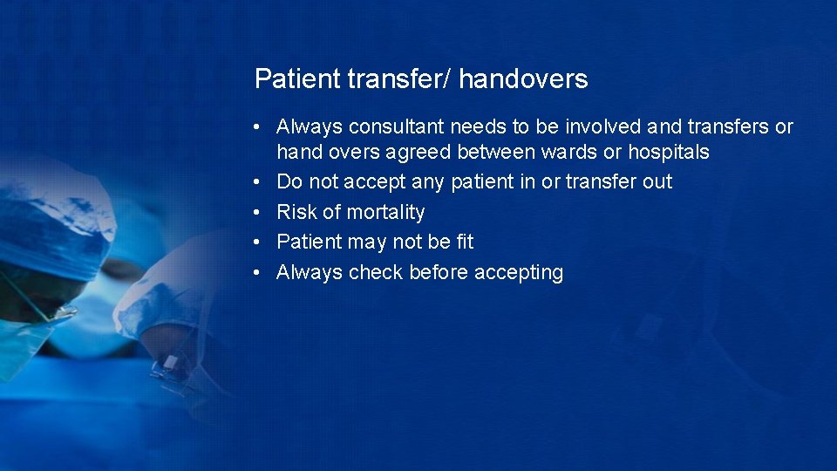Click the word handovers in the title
point(523,79)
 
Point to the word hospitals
point(669,153)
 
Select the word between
point(495,153)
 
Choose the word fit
point(465,242)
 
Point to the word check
point(376,273)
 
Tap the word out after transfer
point(656,182)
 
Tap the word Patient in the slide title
point(296,79)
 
